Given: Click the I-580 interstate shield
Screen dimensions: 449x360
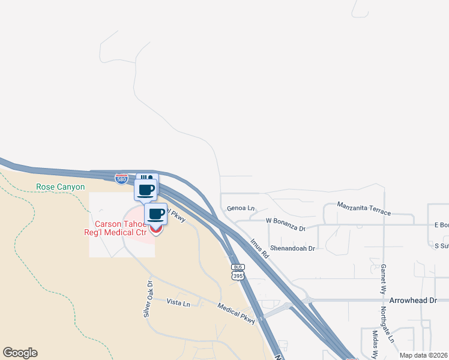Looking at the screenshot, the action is tap(121, 178).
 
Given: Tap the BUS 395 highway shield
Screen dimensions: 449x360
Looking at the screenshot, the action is tap(238, 271).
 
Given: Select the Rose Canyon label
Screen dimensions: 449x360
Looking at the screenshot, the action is tap(61, 187).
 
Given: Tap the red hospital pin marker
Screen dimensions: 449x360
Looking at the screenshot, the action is tap(156, 228).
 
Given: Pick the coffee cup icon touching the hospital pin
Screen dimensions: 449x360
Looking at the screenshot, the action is tap(156, 213).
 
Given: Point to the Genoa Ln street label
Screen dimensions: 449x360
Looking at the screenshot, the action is tap(241, 208).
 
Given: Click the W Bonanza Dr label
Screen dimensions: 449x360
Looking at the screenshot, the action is tap(286, 229).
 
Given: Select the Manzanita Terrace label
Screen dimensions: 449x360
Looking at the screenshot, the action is tap(364, 209).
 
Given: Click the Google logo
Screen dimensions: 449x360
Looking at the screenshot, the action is tap(20, 353).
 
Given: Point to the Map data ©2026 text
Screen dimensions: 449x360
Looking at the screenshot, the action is tap(423, 355).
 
